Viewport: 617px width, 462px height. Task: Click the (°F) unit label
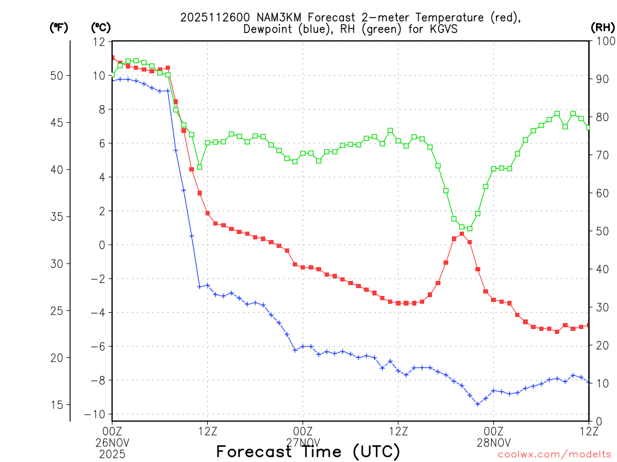(58, 27)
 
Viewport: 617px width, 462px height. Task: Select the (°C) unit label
(101, 27)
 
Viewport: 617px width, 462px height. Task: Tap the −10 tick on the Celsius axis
(97, 414)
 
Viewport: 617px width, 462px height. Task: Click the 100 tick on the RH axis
(603, 42)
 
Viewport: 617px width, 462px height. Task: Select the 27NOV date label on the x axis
(302, 442)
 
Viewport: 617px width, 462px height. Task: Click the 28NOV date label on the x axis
(493, 442)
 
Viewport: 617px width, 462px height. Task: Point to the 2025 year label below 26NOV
(112, 453)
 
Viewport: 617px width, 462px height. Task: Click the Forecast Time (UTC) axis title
(308, 451)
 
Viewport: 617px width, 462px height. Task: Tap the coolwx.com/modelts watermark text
(554, 455)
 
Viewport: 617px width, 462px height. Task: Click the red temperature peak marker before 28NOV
(462, 234)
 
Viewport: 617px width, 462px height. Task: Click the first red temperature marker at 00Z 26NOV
(112, 58)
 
